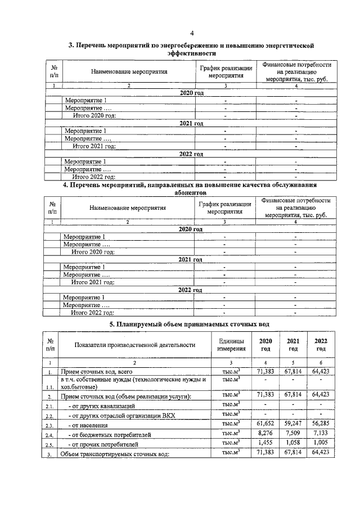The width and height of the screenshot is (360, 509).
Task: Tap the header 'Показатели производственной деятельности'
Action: pos(134,345)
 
